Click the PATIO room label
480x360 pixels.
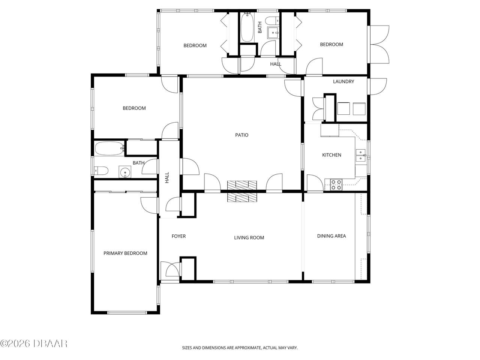[241, 135]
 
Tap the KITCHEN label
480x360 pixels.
[331, 155]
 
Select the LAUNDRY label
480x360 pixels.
[343, 81]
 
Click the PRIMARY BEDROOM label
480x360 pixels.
[125, 253]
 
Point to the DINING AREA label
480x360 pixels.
[331, 236]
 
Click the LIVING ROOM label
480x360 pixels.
[249, 237]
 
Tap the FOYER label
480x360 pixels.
[178, 236]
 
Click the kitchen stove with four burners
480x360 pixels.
[336, 184]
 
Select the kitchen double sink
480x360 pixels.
[361, 155]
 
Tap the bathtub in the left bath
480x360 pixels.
[109, 148]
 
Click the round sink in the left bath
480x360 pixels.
[125, 172]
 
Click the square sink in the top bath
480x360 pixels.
[273, 33]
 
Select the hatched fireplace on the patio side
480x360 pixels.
[242, 185]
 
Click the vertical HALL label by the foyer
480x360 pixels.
[167, 177]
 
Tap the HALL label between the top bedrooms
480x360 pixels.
[276, 64]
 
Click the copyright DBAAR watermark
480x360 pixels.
[34, 343]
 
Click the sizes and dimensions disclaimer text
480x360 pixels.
[240, 348]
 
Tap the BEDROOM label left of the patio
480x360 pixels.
[134, 108]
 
